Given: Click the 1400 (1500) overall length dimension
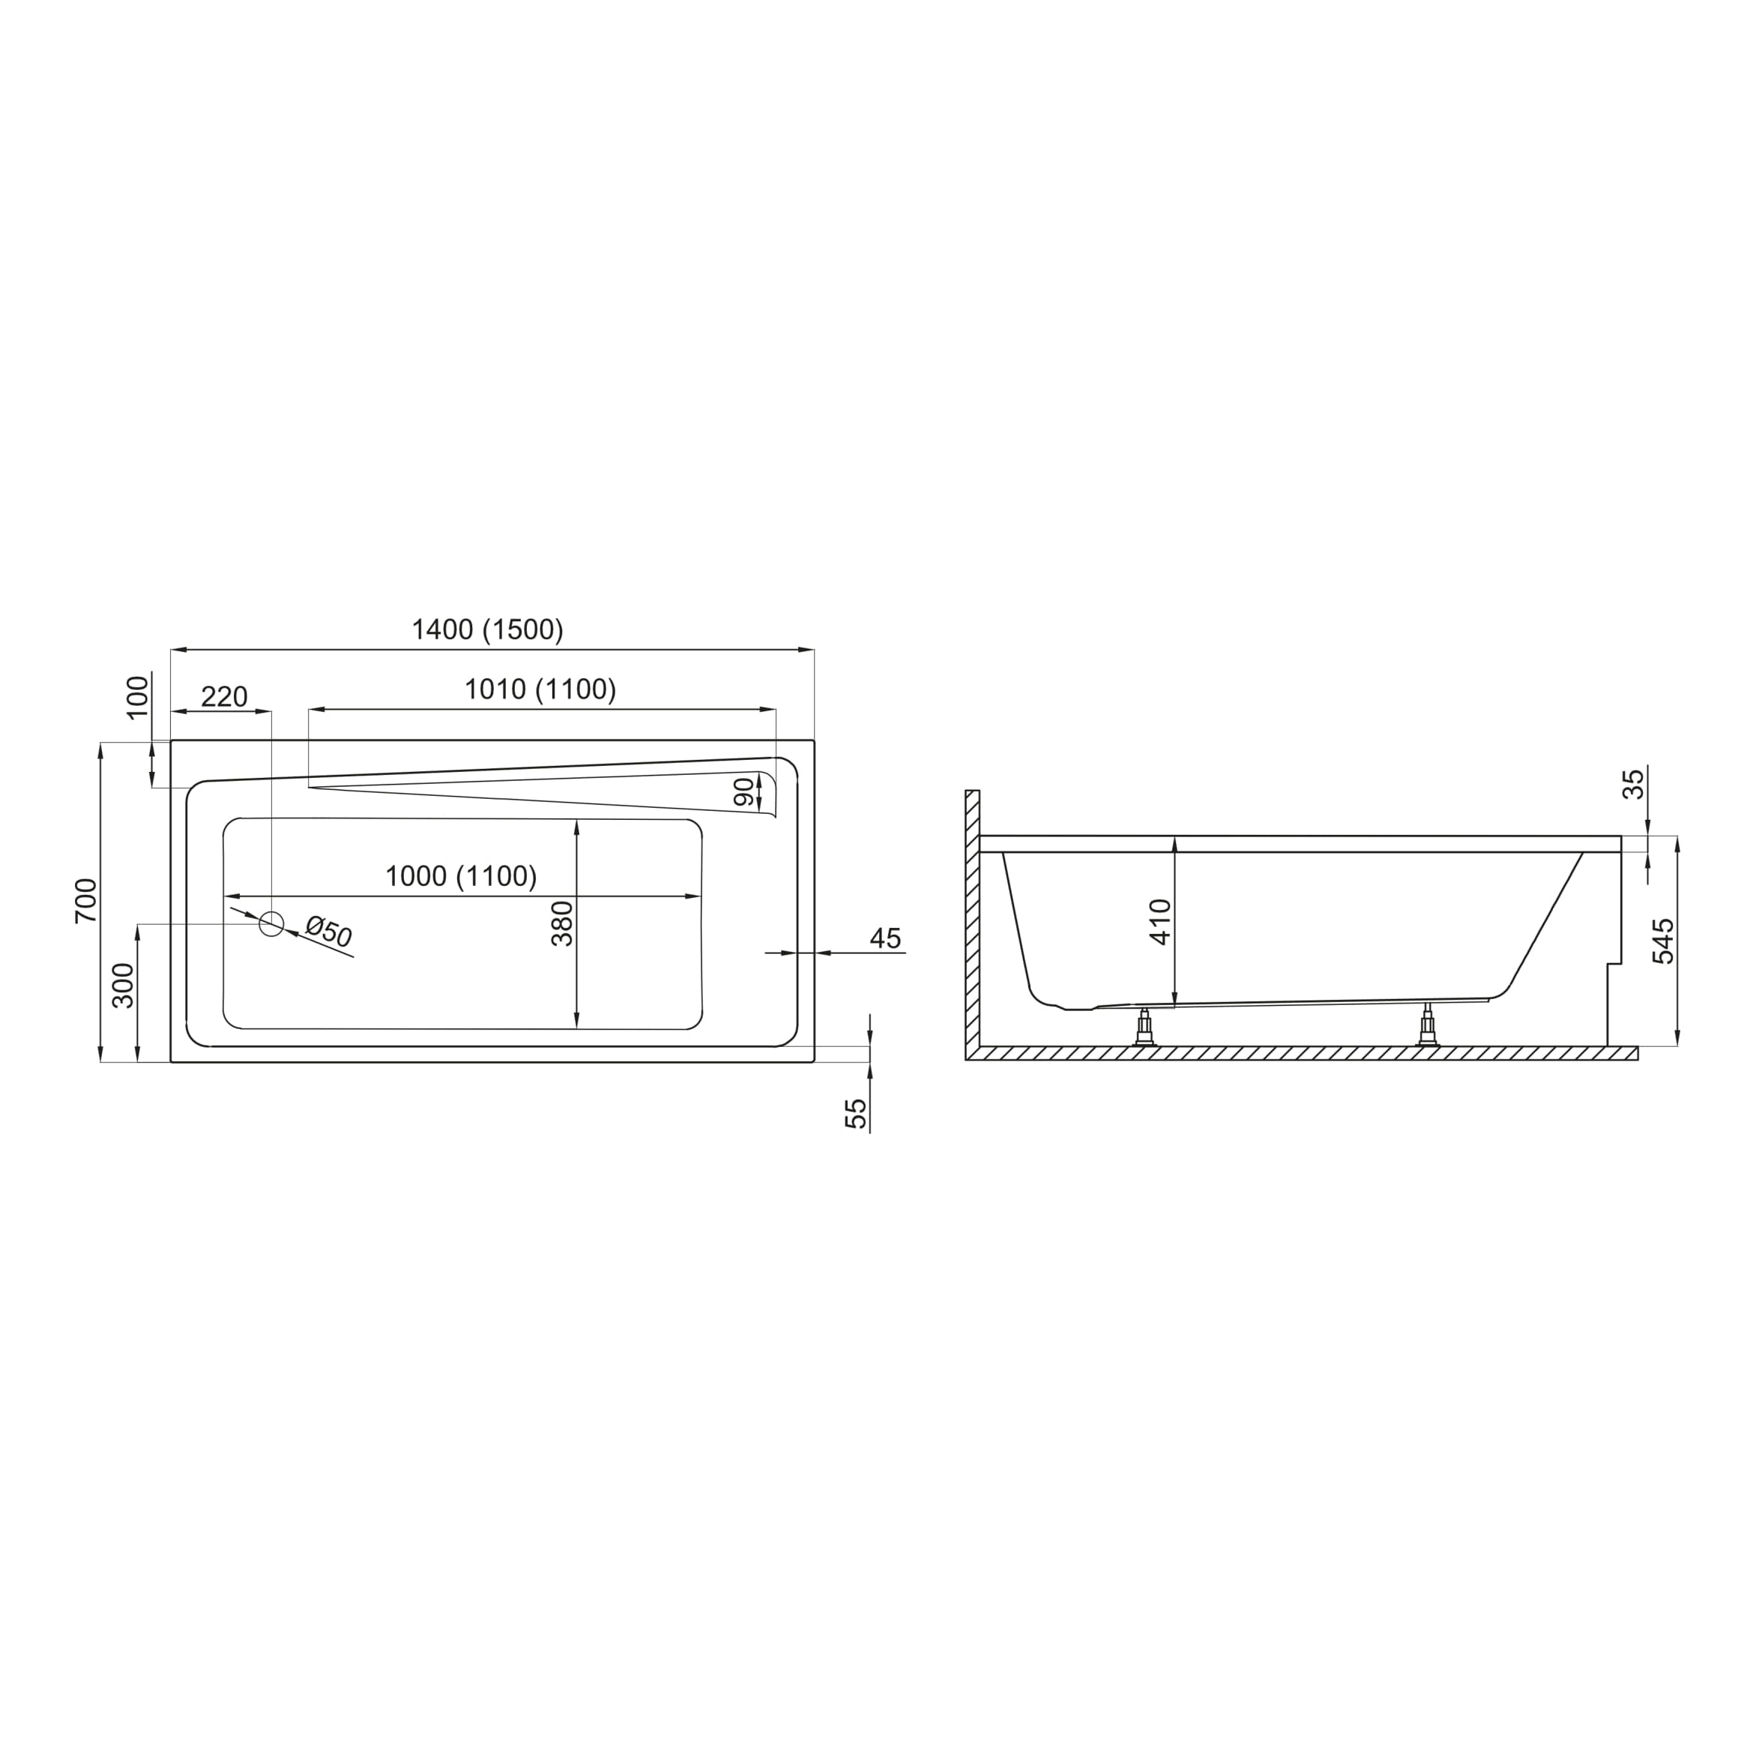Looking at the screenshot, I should click(x=487, y=630).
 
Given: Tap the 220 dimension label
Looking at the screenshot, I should click(x=224, y=697).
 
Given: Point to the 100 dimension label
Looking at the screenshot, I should click(x=138, y=697).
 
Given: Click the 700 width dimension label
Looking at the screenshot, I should click(x=86, y=901).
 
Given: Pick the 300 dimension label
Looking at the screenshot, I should click(x=124, y=986).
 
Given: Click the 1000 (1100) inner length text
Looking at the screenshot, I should click(x=461, y=877).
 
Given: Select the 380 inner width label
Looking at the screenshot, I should click(x=563, y=923).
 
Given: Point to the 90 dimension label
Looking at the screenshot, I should click(x=744, y=792).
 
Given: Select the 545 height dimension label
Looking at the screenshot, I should click(x=1663, y=941).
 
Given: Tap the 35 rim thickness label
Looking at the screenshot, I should click(x=1632, y=783).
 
